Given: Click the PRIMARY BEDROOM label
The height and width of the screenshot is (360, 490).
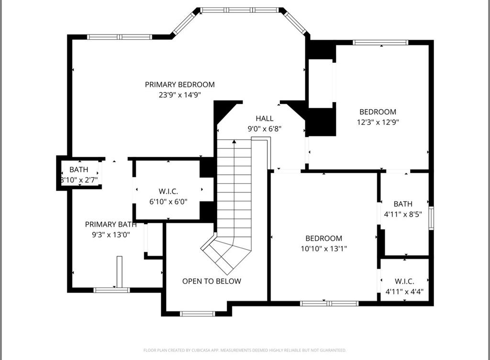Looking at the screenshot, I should point(179,85).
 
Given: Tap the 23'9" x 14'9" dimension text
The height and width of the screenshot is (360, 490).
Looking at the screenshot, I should point(179,95).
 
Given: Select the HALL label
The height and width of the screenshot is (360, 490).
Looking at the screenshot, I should point(264,118).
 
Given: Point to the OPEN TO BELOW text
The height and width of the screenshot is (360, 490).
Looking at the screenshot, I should point(212,281).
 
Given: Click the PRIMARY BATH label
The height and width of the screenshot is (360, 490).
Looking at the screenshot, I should point(111,225).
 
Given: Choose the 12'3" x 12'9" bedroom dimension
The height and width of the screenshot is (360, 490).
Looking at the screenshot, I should point(378,122).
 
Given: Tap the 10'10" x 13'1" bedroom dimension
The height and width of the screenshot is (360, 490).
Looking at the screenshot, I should point(323,248).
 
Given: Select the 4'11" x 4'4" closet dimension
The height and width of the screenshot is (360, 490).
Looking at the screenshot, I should point(404,291).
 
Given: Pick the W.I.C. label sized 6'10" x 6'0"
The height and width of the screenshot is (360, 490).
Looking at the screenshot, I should point(168,191).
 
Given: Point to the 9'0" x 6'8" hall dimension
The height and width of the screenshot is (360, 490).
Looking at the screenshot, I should point(264,128).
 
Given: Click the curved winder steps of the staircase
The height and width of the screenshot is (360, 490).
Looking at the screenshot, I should point(227,251).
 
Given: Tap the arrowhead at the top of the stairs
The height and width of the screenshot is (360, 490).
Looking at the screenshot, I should point(234,142).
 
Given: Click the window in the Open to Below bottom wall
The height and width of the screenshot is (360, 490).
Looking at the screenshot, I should point(197,314).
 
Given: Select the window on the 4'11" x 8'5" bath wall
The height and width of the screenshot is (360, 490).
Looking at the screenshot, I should point(431,218).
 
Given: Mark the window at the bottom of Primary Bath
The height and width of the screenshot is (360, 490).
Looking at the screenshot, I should point(111,290).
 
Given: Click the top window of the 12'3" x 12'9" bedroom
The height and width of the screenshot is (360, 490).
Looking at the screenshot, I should point(380,43).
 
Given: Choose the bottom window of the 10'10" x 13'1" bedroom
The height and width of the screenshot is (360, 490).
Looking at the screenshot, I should point(329,304).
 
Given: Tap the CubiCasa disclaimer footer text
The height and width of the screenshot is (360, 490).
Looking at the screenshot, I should point(245,350).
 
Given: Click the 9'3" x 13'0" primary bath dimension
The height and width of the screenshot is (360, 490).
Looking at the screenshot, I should point(111,235).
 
